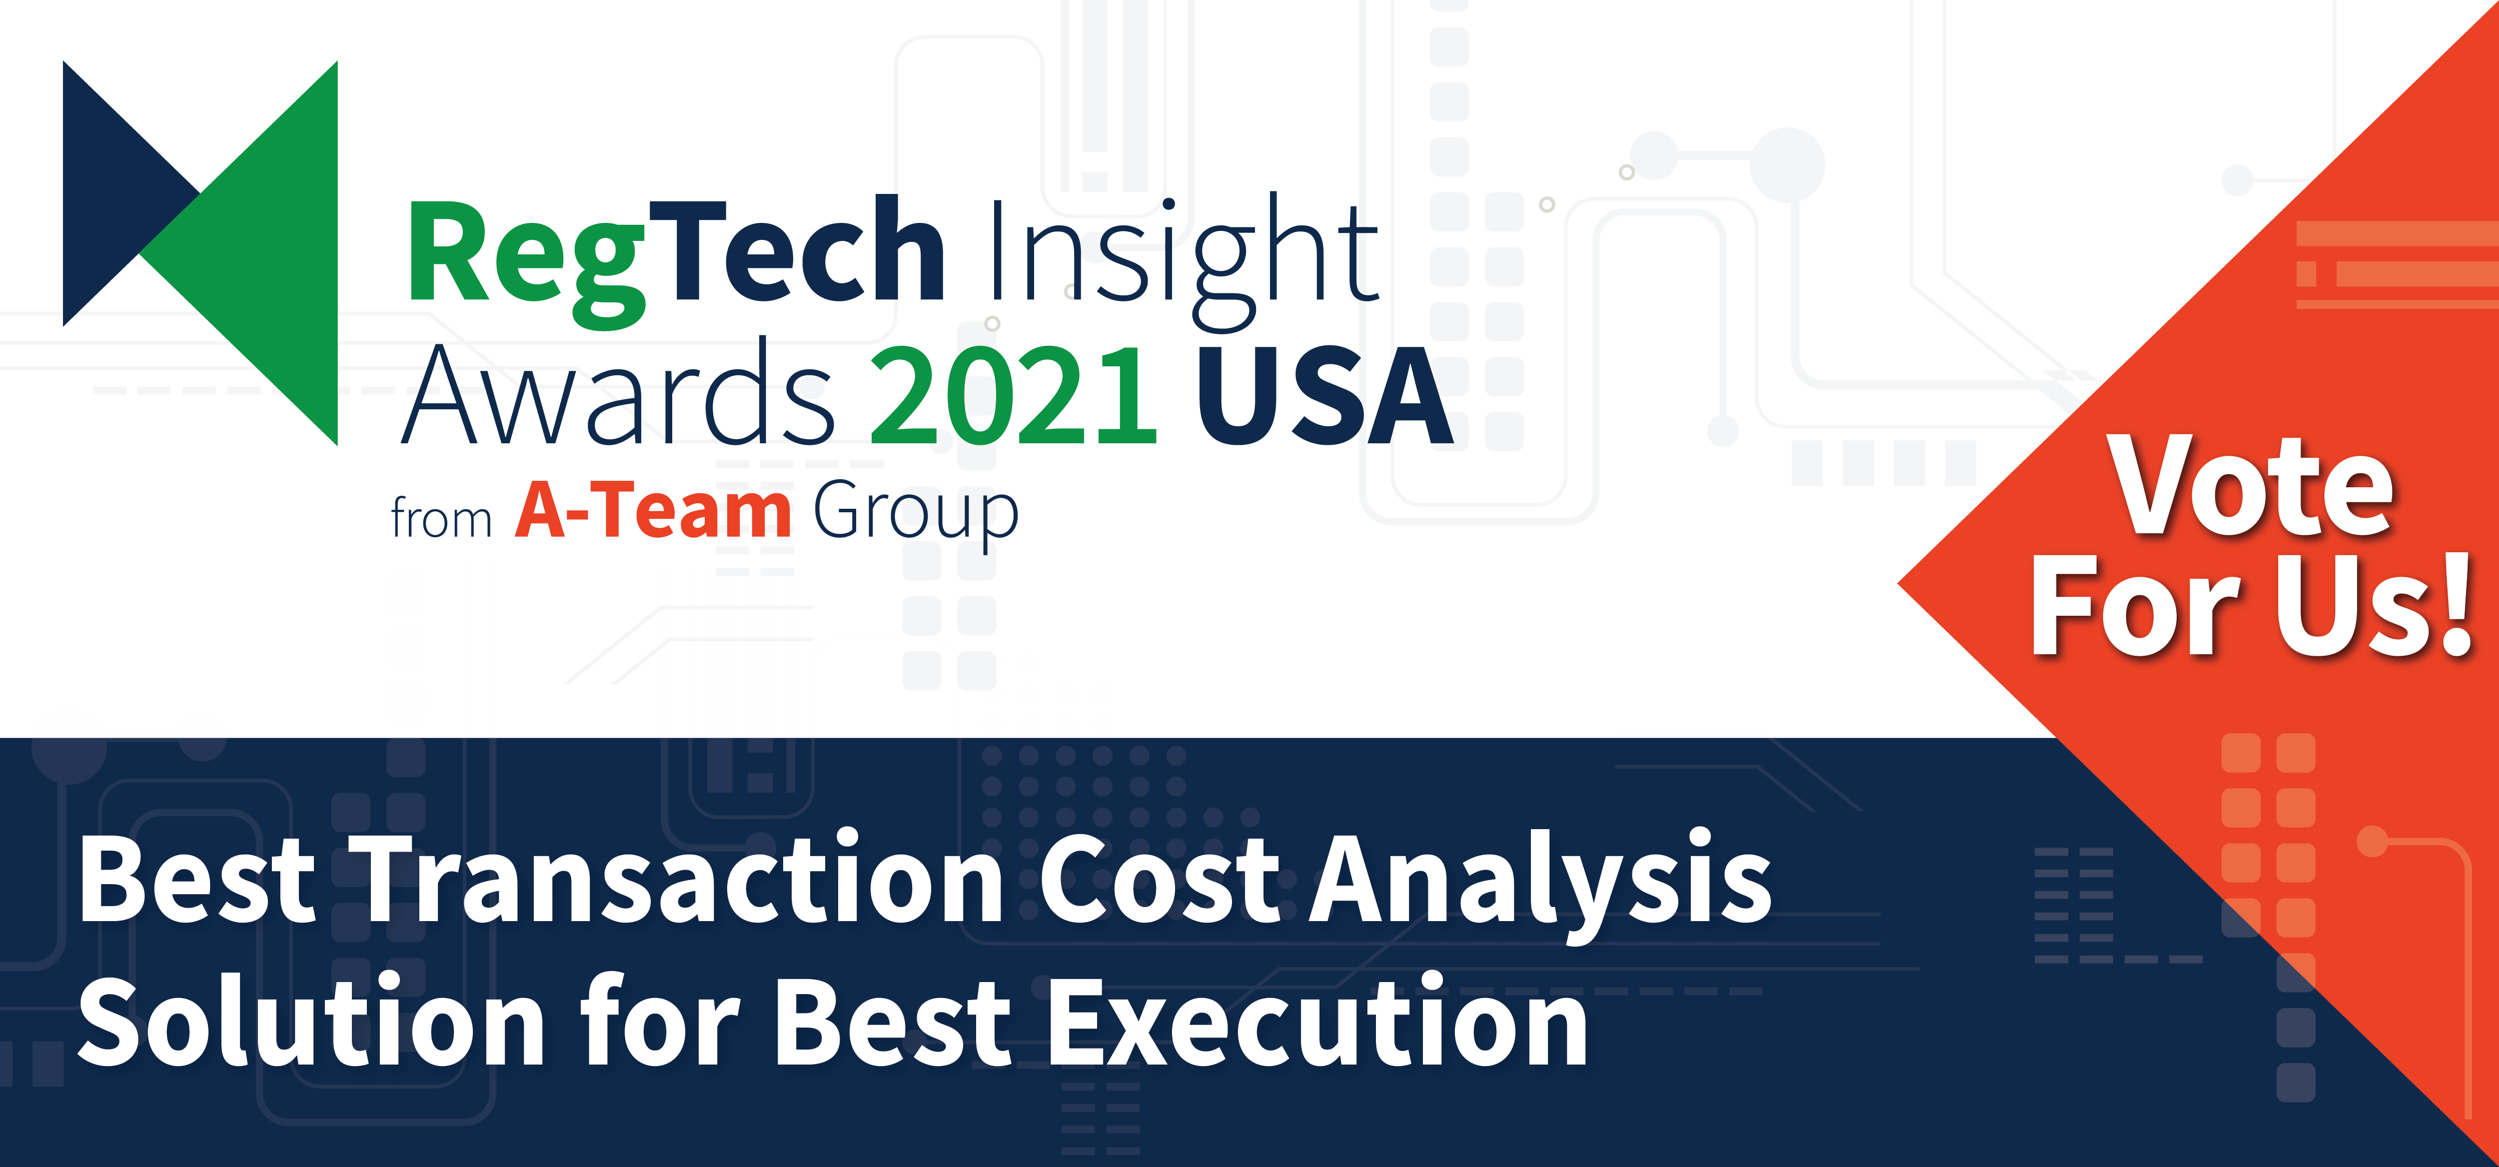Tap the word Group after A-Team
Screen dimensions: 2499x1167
click(x=916, y=514)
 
